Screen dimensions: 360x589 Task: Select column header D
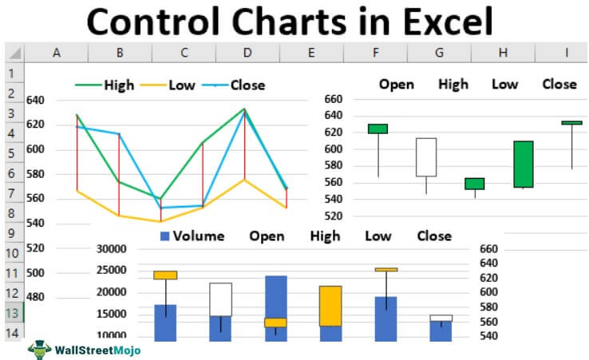click(247, 53)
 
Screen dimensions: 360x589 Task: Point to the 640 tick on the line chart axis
click(36, 101)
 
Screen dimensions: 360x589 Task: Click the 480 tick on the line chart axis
click(36, 297)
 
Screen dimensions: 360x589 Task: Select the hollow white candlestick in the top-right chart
click(425, 157)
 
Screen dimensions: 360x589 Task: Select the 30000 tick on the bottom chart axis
click(111, 249)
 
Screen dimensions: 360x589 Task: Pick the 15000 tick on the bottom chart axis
click(111, 314)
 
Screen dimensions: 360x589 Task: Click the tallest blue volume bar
click(275, 307)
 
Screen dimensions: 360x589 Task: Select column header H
click(503, 53)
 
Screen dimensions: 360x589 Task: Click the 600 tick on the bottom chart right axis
click(489, 292)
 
